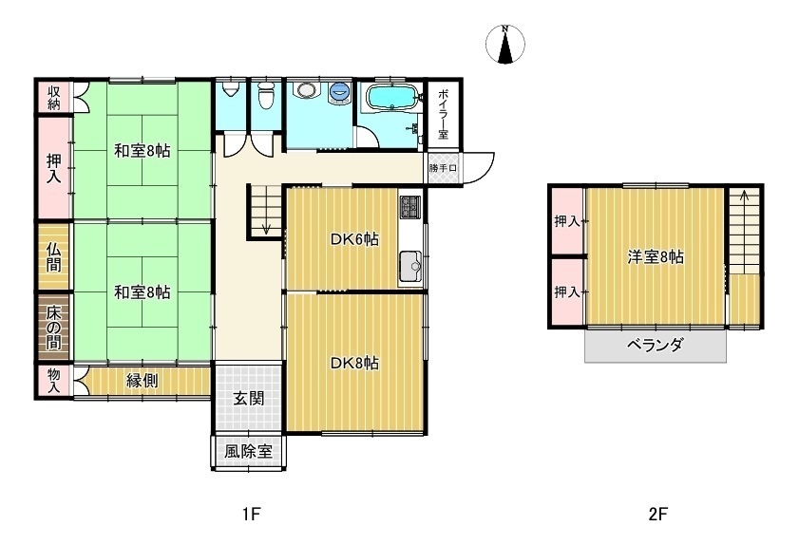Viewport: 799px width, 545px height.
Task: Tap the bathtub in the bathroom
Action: click(390, 98)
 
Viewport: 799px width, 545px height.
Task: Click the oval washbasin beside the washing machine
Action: click(305, 91)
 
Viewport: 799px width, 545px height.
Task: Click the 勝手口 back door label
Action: click(443, 168)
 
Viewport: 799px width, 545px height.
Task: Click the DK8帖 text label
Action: click(355, 363)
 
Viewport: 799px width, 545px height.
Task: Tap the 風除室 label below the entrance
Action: click(248, 452)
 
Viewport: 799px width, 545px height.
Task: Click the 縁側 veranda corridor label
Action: click(143, 381)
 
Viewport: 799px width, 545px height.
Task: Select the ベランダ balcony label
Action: click(655, 345)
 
